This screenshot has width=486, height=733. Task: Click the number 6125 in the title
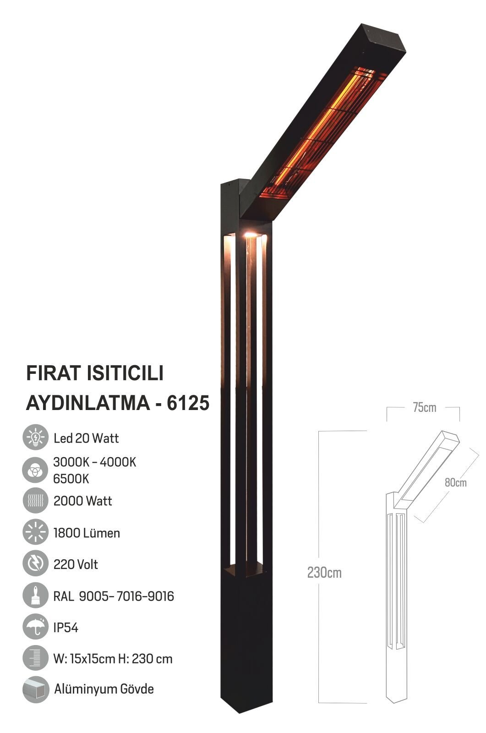(188, 403)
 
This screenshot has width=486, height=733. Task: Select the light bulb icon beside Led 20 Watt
(35, 438)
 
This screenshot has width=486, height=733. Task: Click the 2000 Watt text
(82, 501)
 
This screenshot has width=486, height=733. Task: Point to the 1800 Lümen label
(87, 533)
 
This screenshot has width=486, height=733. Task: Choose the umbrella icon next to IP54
(35, 627)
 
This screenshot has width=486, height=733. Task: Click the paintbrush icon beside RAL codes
(35, 595)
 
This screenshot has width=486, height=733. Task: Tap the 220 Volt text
(76, 564)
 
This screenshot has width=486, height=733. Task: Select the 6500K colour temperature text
(71, 479)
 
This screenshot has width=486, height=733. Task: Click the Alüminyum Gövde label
(104, 689)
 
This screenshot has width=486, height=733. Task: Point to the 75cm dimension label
(424, 407)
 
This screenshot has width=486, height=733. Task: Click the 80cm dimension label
(455, 482)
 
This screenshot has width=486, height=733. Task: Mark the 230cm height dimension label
(324, 573)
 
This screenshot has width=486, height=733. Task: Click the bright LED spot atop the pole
(250, 235)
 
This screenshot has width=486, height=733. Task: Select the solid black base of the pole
(247, 641)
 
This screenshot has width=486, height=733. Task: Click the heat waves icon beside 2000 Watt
(35, 501)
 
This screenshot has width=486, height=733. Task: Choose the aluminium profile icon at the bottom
(35, 689)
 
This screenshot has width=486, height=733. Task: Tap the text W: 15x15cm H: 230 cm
(113, 659)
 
